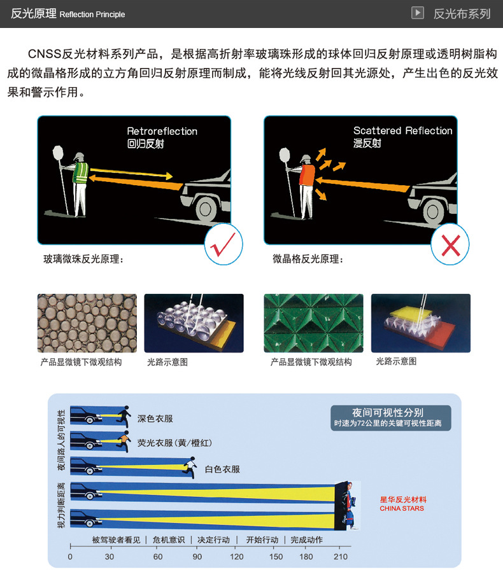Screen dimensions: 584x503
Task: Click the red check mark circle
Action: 223,244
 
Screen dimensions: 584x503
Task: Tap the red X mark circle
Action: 450,244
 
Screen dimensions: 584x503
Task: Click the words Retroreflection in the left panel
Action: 162,131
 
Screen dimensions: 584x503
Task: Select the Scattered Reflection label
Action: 402,130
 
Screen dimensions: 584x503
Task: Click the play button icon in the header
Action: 417,13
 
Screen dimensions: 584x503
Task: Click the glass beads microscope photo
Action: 87,323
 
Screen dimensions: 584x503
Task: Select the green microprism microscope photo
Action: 313,323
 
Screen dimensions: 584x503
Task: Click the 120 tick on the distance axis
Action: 236,557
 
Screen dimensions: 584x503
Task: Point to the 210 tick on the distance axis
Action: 341,557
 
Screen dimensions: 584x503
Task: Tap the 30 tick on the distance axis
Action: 110,557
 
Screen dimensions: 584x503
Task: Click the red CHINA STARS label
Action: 402,508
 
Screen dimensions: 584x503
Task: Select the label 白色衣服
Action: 222,469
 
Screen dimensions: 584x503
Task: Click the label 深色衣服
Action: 155,419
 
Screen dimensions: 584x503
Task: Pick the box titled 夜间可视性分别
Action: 391,417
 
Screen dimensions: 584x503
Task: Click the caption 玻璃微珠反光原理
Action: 83,259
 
